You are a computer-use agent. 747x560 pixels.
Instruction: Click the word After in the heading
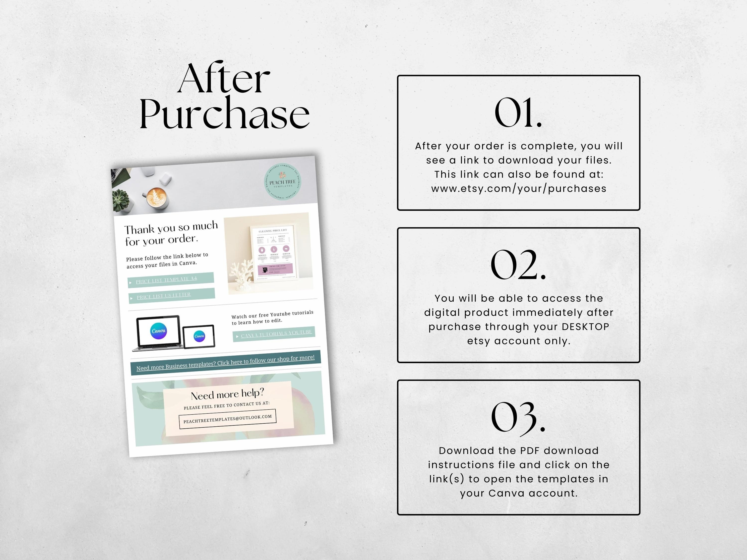(x=224, y=79)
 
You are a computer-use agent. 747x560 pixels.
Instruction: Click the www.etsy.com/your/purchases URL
(x=519, y=189)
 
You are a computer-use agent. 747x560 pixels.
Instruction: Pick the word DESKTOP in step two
(x=585, y=327)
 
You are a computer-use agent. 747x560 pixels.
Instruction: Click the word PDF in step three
(x=531, y=451)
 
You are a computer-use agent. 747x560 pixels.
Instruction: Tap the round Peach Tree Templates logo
(x=282, y=182)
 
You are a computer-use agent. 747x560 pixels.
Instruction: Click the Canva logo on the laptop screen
(x=158, y=331)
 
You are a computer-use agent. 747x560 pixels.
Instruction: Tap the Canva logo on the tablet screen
(x=199, y=336)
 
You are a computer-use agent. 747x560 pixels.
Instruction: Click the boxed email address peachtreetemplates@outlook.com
(x=227, y=419)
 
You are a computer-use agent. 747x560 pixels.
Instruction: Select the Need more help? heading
(x=227, y=394)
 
